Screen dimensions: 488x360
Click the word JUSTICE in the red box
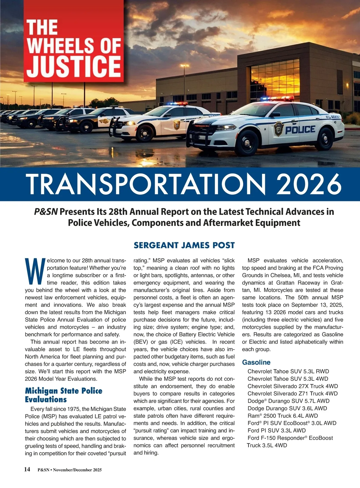coord(74,65)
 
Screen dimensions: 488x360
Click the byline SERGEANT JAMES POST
coord(184,245)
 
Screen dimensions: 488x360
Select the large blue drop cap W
coord(35,271)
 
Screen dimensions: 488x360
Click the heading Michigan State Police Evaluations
coord(64,395)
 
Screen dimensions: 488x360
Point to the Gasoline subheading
coord(256,362)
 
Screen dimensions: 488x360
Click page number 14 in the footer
coord(27,469)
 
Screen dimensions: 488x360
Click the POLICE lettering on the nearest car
coord(300,130)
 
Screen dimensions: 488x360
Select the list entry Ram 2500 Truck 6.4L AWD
coord(283,416)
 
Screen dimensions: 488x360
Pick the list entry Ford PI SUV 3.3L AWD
coord(277,430)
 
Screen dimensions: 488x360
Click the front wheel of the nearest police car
coord(247,143)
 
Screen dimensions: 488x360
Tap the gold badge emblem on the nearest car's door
coord(279,129)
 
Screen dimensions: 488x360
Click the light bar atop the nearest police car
coord(277,99)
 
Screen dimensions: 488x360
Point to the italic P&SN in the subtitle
coord(46,212)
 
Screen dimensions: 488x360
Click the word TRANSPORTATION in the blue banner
coord(146,184)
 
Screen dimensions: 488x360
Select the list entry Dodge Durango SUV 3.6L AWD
coord(287,408)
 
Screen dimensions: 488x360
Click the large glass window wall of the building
coord(274,79)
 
